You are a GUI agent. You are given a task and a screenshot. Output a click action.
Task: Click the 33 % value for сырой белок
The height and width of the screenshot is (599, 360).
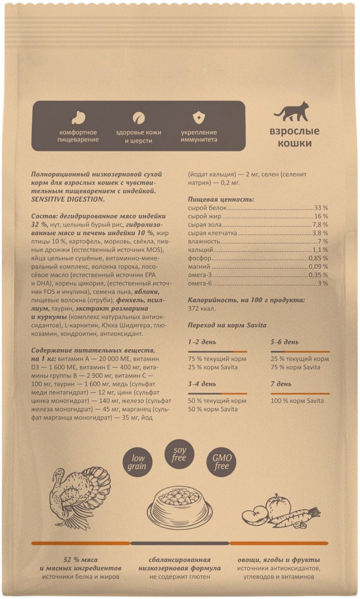[321, 208]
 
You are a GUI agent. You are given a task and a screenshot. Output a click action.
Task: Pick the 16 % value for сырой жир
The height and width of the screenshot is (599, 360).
[322, 216]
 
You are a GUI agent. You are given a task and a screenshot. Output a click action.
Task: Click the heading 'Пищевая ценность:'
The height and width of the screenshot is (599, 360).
[221, 199]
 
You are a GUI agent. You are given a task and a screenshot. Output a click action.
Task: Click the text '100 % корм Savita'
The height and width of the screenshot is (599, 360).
[297, 401]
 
